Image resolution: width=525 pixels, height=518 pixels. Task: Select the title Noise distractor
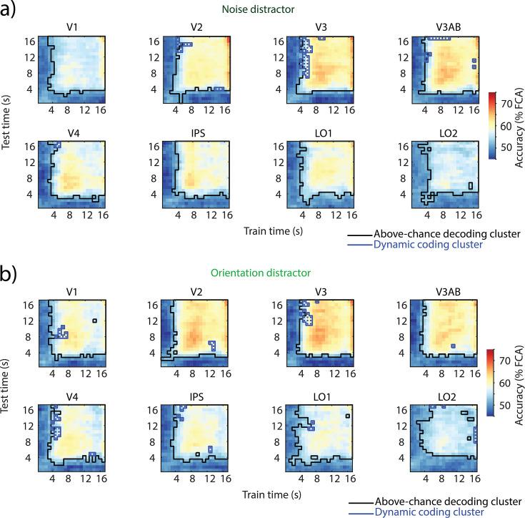tap(263, 9)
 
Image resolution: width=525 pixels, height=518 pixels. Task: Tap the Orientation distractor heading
tap(263, 273)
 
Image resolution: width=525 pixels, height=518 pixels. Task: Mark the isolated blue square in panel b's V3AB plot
tap(454, 345)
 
